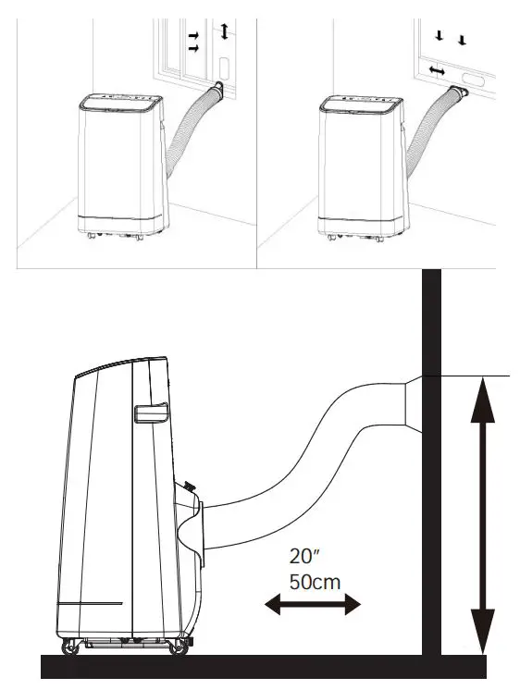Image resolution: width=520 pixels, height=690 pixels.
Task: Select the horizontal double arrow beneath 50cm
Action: tap(312, 605)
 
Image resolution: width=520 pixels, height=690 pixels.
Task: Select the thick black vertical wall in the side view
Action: tap(431, 462)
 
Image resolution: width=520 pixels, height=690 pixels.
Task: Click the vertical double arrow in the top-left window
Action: tap(223, 32)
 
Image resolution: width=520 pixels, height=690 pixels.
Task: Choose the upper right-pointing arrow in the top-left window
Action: tap(193, 34)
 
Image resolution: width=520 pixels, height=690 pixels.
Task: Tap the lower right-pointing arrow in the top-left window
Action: tap(194, 47)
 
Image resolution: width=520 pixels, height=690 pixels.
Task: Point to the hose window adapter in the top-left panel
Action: tap(218, 90)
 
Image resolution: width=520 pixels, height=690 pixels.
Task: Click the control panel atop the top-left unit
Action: tap(120, 95)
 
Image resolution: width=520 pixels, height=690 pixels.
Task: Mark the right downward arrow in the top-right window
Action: tap(464, 39)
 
